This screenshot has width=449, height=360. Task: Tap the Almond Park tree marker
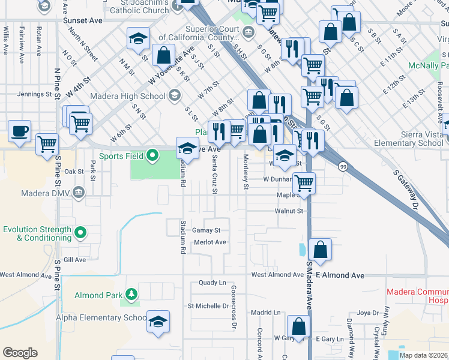click(x=131, y=295)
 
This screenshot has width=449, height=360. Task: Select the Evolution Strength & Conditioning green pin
click(x=80, y=233)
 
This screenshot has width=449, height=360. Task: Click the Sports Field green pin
click(x=152, y=156)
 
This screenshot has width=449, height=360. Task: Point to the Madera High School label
click(x=127, y=96)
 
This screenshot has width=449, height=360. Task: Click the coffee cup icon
click(x=19, y=131)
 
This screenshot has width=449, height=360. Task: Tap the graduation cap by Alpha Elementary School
click(x=158, y=322)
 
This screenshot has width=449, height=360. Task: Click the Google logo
click(x=20, y=353)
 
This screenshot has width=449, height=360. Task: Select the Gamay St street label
click(x=206, y=230)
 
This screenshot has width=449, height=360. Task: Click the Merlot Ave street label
click(x=209, y=242)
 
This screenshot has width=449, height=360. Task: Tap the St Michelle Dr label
click(x=208, y=306)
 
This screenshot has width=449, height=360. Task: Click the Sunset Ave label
click(x=83, y=20)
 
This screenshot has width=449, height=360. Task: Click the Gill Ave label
click(x=74, y=260)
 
